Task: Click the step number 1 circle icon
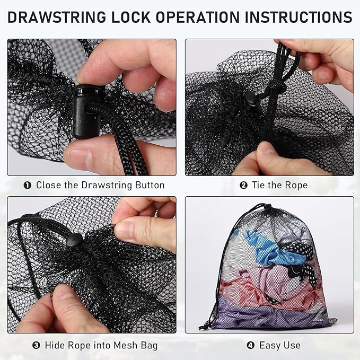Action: point(27,186)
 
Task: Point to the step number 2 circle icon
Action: point(244,186)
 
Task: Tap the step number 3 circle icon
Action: point(37,346)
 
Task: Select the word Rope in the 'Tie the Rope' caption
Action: point(295,186)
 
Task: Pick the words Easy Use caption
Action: point(279,346)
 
